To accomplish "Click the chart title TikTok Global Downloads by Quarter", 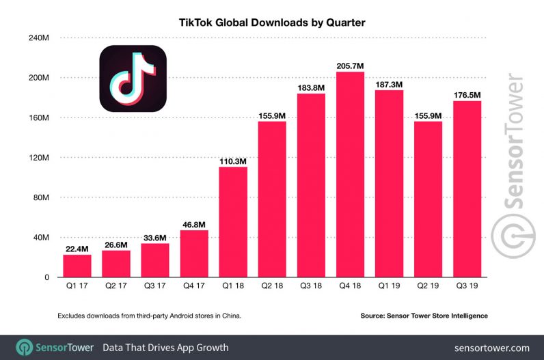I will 273,23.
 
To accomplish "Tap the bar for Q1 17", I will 77,266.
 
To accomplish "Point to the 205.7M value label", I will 350,66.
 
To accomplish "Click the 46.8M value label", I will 194,224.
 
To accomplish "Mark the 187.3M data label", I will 389,84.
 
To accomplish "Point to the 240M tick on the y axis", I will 38,38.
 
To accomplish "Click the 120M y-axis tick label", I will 38,158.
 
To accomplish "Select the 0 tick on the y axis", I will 46,277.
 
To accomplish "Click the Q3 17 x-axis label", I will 155,288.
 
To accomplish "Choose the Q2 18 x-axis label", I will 272,288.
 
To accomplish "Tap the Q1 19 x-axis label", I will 389,288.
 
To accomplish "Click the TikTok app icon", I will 133,79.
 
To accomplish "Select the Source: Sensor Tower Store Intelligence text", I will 424,316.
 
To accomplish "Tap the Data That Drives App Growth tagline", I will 165,348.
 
